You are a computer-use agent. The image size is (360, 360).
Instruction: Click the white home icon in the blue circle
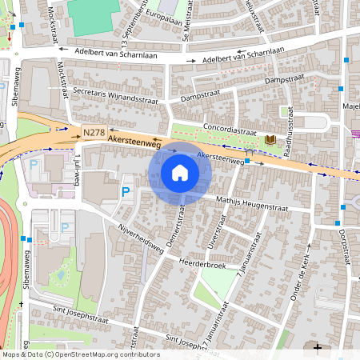(x=180, y=172)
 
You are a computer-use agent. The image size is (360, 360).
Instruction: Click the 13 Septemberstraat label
(x=128, y=20)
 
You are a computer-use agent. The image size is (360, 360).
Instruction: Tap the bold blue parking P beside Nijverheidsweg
(x=126, y=192)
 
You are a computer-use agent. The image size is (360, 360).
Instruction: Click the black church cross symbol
(x=318, y=348)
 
